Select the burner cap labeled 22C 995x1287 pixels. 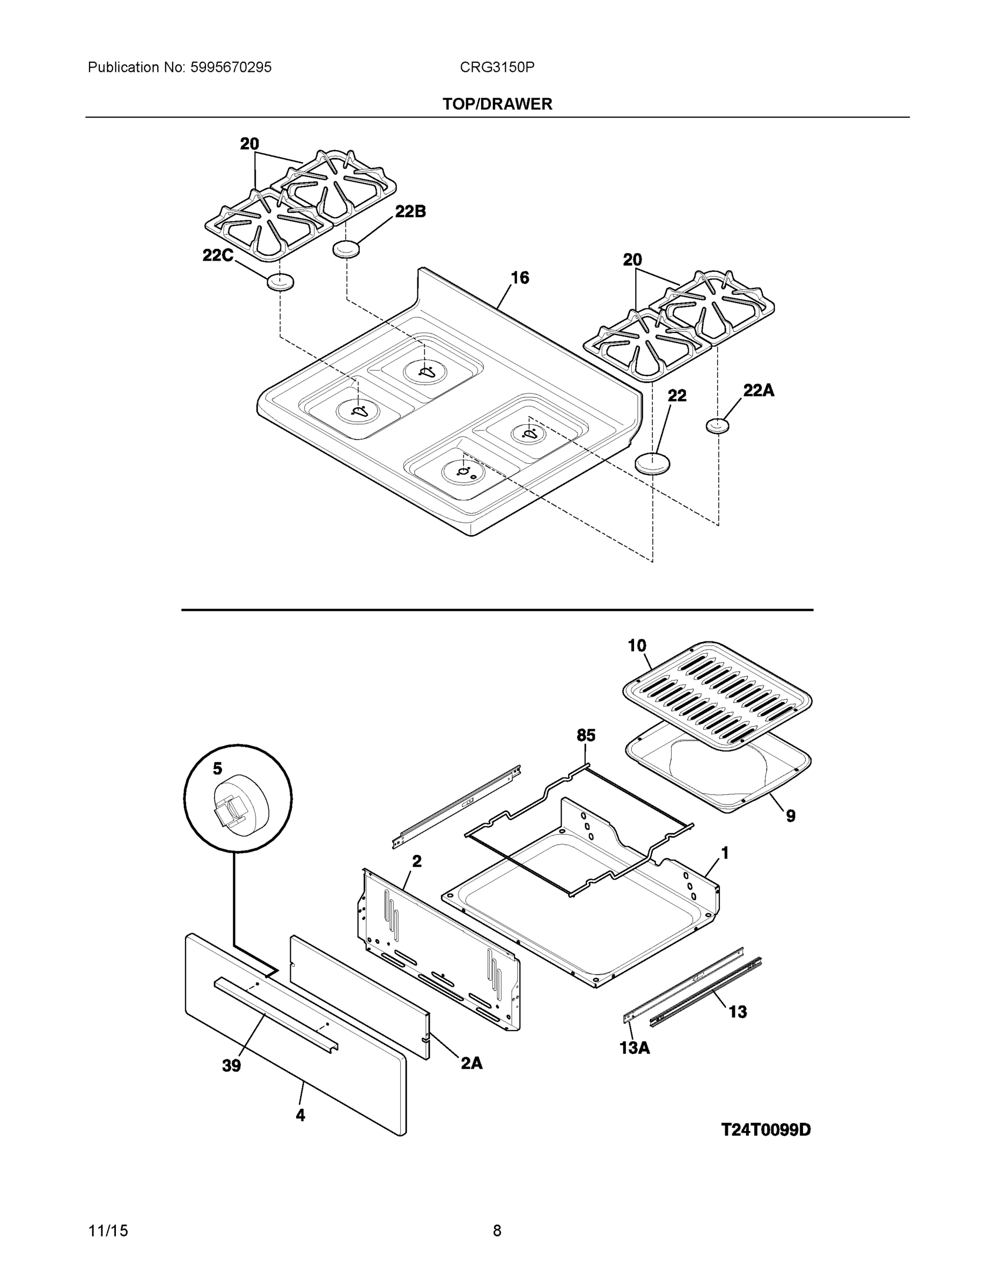point(281,282)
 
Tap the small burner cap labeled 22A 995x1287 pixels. point(717,425)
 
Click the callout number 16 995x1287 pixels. point(519,278)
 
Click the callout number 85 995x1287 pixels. point(586,735)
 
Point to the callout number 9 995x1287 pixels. point(791,816)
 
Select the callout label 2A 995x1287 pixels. point(471,1062)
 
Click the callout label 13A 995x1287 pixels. point(634,1048)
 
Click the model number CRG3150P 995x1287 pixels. point(497,68)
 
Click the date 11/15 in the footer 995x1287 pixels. point(108,1231)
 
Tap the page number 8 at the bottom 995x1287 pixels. point(497,1231)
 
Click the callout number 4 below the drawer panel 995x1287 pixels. point(300,1114)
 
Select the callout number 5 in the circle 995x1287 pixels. point(218,768)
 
